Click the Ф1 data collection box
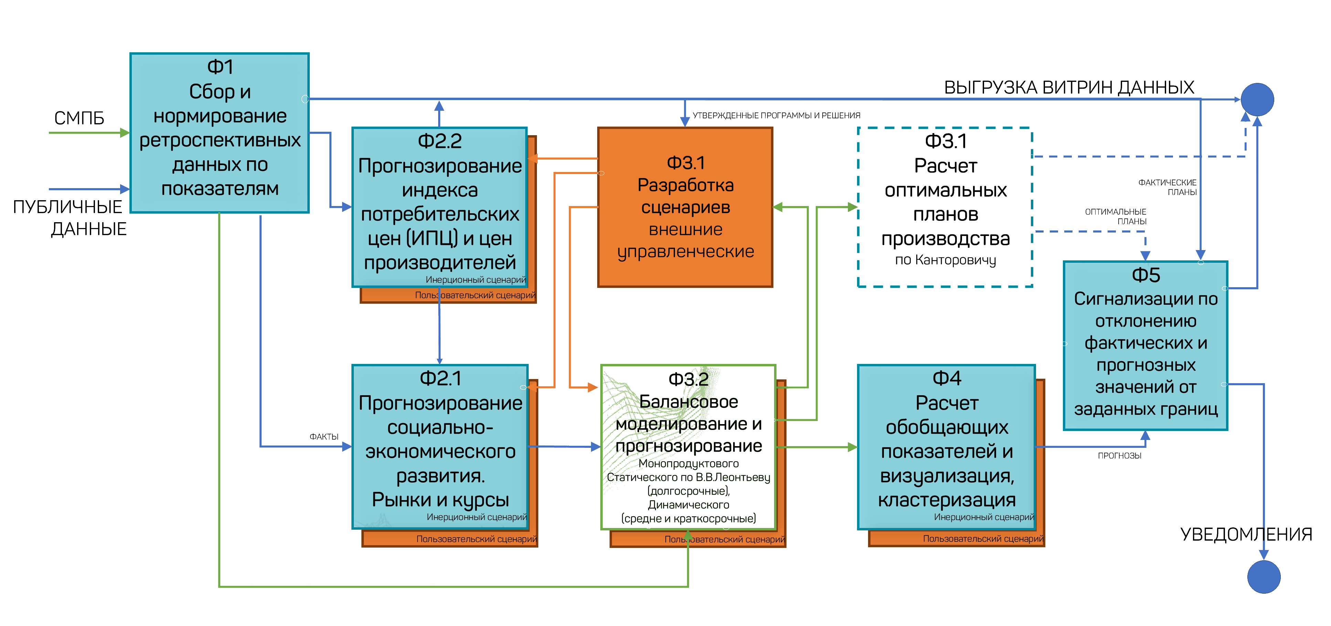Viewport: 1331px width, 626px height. point(220,133)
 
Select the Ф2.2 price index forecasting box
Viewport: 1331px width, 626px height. point(440,207)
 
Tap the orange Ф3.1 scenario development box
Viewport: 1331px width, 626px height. point(685,207)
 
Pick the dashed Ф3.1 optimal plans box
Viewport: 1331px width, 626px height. point(945,207)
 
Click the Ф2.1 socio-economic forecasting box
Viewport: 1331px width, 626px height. point(440,447)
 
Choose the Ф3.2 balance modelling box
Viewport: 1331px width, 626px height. point(688,447)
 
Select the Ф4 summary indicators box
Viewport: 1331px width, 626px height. point(946,447)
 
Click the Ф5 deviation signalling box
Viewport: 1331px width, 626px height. point(1145,346)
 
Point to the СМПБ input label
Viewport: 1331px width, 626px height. point(79,118)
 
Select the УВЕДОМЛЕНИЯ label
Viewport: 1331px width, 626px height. point(1246,534)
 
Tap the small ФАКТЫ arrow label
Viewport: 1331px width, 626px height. point(324,437)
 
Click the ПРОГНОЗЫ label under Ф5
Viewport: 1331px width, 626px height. point(1119,455)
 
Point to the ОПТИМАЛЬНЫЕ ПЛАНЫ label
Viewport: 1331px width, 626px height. point(1116,216)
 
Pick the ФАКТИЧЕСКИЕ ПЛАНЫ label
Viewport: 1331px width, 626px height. point(1168,187)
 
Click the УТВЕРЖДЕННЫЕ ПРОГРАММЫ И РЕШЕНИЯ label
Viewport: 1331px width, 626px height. point(776,116)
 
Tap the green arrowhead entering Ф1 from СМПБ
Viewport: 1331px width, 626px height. point(125,133)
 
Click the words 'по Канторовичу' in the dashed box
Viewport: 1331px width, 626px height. point(945,260)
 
